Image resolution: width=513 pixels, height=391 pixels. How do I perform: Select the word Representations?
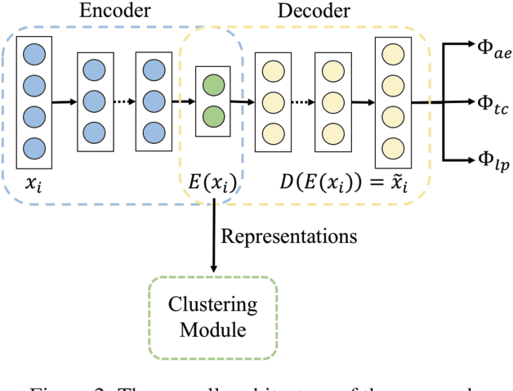click(289, 237)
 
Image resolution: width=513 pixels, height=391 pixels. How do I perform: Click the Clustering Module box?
click(213, 317)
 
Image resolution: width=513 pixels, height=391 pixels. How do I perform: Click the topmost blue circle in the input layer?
click(34, 55)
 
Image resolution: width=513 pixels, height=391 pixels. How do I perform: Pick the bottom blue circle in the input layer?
click(34, 149)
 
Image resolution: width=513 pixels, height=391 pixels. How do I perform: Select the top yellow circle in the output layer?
click(393, 55)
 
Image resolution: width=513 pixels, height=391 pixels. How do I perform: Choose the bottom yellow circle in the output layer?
click(393, 149)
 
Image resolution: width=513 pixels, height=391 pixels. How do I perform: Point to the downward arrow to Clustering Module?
click(213, 237)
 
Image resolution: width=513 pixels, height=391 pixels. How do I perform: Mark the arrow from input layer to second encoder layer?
click(64, 102)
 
